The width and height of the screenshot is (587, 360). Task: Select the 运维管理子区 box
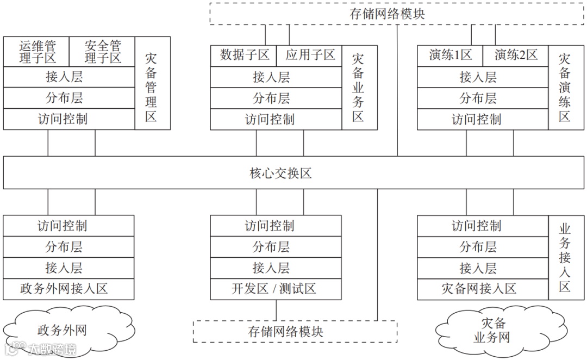tap(37, 52)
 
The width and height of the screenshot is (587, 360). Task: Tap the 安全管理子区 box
tap(103, 52)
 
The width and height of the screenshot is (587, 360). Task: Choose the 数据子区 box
tap(244, 55)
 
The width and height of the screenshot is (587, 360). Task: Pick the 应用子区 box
tap(310, 55)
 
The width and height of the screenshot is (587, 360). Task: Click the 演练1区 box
tap(451, 55)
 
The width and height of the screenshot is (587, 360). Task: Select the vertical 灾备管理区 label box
tap(152, 87)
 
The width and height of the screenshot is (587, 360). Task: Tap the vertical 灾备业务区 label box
tap(359, 87)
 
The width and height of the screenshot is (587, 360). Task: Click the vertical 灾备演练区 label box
tap(565, 87)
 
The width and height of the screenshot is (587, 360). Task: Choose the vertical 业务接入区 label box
tap(565, 257)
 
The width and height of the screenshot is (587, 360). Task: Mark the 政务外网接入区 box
tap(68, 289)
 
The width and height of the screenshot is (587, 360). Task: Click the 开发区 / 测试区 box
tap(276, 289)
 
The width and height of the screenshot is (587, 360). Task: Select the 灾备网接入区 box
tap(482, 289)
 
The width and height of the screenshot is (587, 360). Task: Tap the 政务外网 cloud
tap(62, 331)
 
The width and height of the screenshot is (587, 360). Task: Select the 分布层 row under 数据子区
tap(276, 98)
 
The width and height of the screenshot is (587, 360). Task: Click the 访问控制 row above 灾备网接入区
tap(482, 226)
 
